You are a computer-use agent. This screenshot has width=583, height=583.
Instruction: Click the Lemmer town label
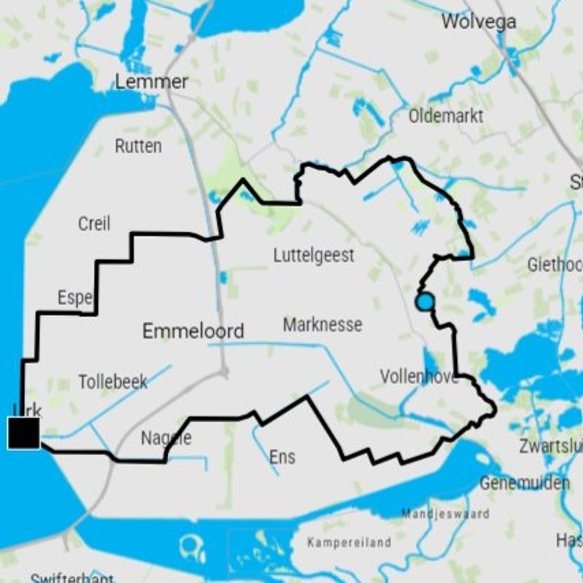coord(152,82)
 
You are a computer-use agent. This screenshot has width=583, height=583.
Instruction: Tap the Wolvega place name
coord(479,21)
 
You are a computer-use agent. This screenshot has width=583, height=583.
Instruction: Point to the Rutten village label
coord(138,146)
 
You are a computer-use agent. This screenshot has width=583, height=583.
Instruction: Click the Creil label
coord(94,223)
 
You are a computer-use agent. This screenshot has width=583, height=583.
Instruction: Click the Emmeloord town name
coord(193,332)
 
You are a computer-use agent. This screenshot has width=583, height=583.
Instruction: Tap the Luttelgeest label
coord(314,256)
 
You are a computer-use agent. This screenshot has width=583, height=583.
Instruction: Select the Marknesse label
coord(322,324)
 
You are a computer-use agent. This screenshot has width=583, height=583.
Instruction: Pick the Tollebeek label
coord(113,381)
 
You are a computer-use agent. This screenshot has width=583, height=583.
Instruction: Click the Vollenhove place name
coord(418,377)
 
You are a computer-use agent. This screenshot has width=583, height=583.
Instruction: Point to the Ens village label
coord(282,457)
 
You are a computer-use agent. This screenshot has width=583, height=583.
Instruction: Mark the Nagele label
coord(166,438)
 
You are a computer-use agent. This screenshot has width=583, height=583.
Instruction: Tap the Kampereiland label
coord(349,542)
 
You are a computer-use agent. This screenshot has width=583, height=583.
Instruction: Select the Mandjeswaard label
coord(445,514)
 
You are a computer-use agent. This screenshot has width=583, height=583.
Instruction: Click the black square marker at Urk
coord(23,433)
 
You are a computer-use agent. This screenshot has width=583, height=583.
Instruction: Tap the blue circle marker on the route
coord(424,302)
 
